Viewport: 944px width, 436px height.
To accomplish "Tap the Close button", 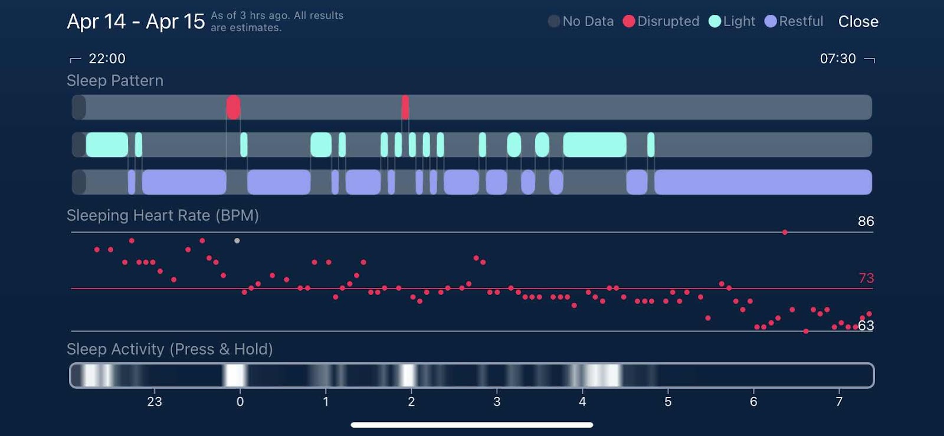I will (x=858, y=22).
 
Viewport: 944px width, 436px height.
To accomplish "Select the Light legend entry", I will (x=732, y=21).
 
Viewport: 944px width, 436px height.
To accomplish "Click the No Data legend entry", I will (x=581, y=21).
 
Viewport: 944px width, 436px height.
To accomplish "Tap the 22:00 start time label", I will (x=107, y=58).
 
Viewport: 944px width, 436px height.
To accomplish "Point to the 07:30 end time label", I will (x=837, y=58).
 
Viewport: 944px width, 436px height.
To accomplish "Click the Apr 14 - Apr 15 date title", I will (x=136, y=22).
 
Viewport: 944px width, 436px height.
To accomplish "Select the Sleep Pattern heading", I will (x=115, y=81).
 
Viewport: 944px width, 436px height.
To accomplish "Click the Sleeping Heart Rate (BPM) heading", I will (x=163, y=215).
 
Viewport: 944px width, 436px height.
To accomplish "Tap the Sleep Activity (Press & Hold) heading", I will (x=170, y=349).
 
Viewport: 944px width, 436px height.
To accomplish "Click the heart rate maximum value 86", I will (x=866, y=221).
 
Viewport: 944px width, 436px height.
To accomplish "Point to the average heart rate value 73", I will (x=866, y=278).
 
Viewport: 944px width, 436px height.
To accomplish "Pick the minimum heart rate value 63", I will (x=866, y=326).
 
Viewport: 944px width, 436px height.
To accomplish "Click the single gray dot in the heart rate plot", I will (x=237, y=241).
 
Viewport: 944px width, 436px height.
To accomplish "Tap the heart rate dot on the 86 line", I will (x=785, y=232).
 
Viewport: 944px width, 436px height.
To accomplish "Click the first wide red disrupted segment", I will (x=233, y=107).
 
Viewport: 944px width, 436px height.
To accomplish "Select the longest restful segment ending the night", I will (x=763, y=182).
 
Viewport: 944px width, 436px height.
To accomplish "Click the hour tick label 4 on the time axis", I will (x=582, y=402).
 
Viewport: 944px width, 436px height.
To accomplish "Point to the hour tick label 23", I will (x=154, y=402).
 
